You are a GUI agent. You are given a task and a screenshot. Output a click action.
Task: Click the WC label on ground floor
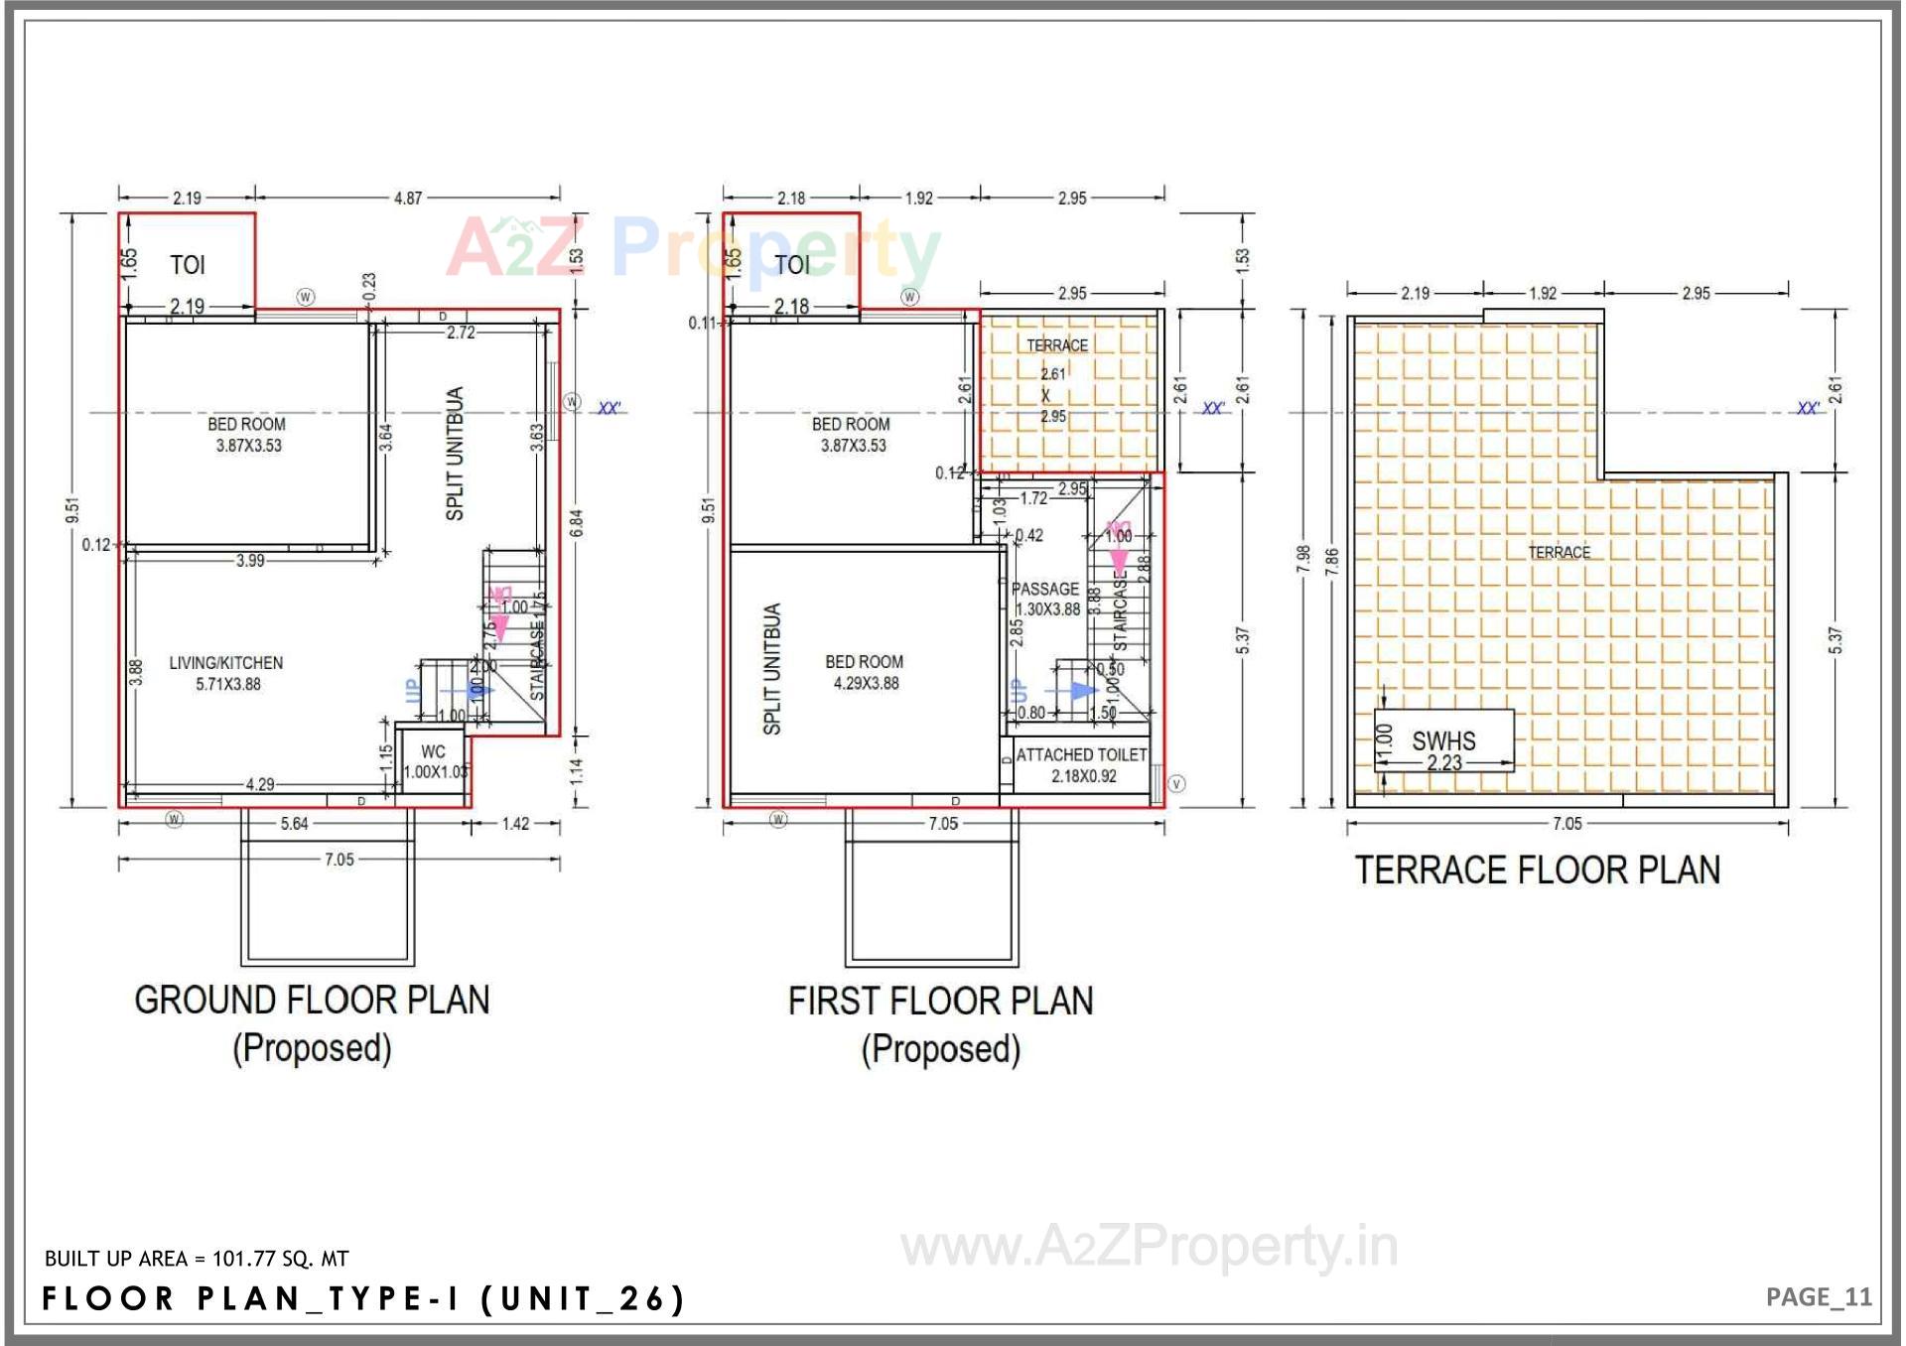434,752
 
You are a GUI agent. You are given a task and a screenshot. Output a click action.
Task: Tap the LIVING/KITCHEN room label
226,673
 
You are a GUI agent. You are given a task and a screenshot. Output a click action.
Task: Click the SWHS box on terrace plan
1443,740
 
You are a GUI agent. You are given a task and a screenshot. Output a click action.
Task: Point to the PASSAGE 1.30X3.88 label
1045,599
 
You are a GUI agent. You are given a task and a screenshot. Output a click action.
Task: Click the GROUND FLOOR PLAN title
312,1001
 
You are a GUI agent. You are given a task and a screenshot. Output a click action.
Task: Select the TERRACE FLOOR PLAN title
1537,871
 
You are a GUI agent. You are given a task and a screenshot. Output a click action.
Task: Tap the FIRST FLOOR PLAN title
940,1002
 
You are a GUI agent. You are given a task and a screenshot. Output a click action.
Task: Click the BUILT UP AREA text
197,1259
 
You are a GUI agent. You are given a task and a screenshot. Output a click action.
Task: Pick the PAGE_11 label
1818,1296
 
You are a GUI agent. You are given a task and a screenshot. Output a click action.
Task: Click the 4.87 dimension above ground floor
408,198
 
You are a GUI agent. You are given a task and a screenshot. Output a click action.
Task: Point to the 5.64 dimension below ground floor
294,824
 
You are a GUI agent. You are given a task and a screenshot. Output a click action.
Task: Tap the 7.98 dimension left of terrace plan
1303,559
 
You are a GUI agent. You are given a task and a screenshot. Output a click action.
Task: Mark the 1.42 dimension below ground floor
515,824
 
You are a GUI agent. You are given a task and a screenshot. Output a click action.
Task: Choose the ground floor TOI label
187,265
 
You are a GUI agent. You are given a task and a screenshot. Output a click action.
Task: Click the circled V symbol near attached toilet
1176,784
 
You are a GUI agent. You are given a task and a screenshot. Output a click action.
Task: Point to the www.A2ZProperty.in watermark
1149,1247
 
